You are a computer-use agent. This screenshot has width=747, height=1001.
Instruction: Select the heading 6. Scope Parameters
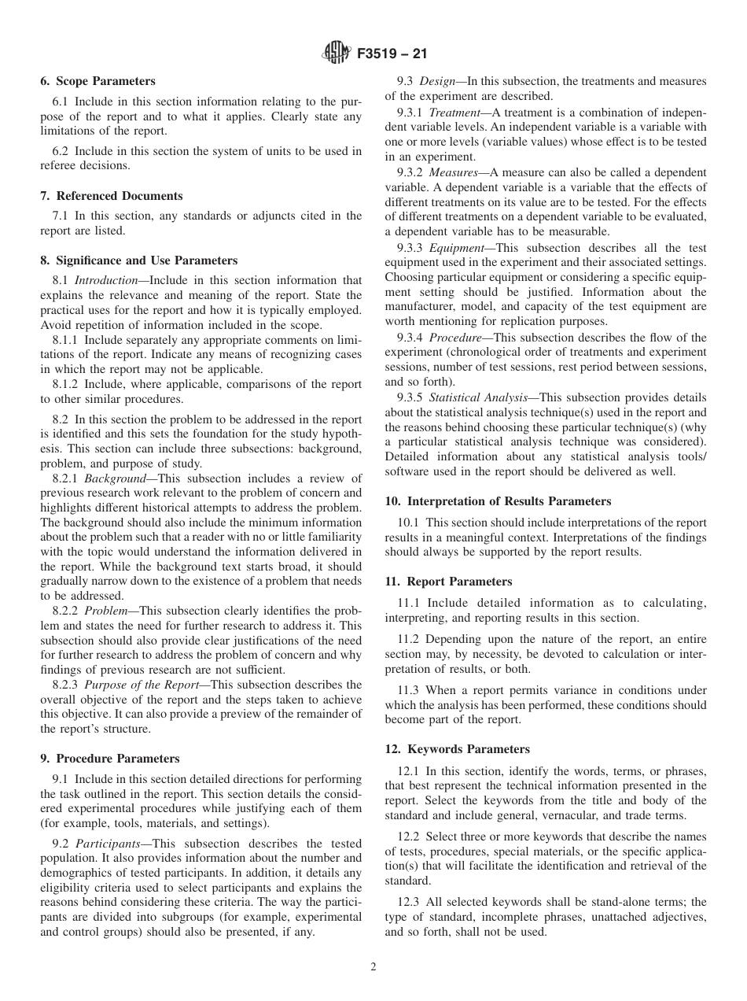coord(98,81)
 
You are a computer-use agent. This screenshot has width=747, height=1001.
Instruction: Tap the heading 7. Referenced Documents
coord(111,196)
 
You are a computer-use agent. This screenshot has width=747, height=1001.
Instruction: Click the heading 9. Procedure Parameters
coord(109,759)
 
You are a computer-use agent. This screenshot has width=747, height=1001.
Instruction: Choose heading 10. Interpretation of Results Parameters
coord(498,501)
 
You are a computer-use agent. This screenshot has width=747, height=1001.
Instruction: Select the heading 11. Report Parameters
coord(448,582)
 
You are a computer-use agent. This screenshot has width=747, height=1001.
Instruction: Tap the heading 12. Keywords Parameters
coord(457,749)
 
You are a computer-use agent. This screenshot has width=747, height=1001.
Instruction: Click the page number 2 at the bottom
coord(373,967)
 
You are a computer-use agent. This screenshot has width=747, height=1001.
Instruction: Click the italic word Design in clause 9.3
coord(437,81)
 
